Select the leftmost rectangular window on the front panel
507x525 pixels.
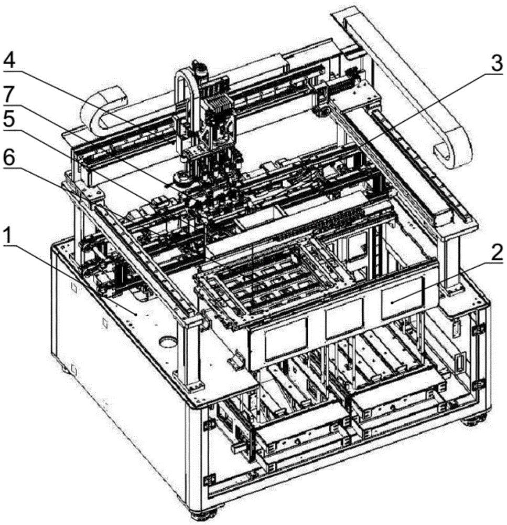286,339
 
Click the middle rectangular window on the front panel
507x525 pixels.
344,322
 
